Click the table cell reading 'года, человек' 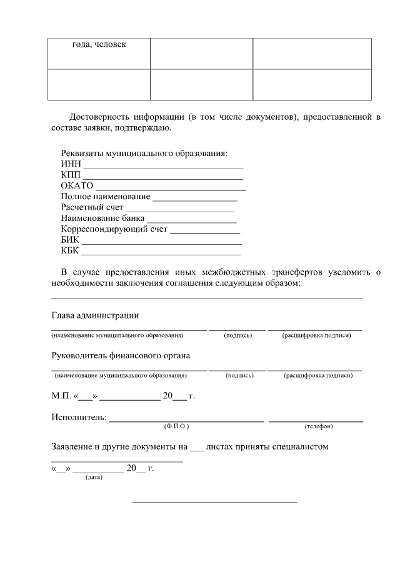tap(99, 45)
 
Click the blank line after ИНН tap(163, 167)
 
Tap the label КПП tap(71, 175)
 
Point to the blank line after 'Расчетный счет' tap(180, 210)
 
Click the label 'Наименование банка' tap(102, 218)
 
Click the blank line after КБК tap(161, 253)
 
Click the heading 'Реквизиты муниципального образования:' tap(144, 154)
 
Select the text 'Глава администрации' tap(95, 315)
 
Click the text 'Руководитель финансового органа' tap(121, 355)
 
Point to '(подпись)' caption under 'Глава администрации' tap(237, 336)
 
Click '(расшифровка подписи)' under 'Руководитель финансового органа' tap(314, 376)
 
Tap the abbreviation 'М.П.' tap(61, 396)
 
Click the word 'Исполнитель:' tap(79, 417)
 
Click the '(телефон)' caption tap(318, 426)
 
